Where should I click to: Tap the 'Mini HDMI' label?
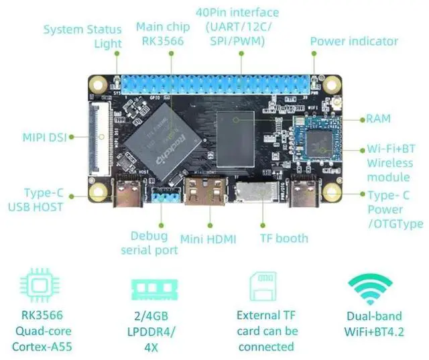(210, 238)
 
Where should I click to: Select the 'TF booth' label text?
(284, 238)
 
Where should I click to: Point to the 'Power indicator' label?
(353, 42)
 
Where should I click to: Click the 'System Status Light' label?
(82, 36)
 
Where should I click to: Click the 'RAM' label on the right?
(378, 119)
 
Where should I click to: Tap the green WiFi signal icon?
(370, 287)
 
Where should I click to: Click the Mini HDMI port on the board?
(208, 194)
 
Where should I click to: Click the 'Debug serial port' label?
(149, 243)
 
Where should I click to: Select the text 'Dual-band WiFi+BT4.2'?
(375, 323)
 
